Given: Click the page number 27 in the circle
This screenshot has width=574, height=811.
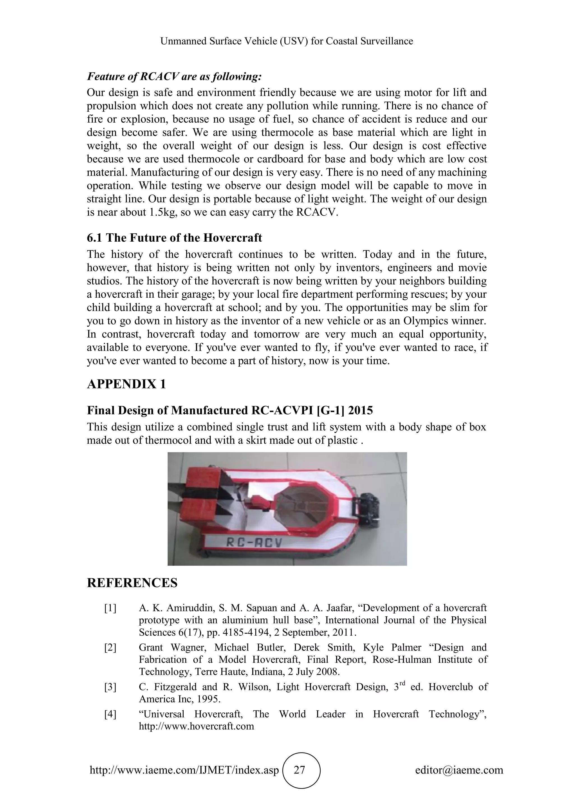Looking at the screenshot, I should click(x=299, y=770).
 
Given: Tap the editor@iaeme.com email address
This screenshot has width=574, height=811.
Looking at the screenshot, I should click(x=459, y=770).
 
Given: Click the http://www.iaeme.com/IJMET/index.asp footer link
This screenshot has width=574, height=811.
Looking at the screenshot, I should click(x=184, y=770).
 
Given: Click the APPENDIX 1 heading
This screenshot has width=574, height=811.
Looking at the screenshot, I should click(x=126, y=384).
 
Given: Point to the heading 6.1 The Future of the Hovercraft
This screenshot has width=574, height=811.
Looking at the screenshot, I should click(x=174, y=238).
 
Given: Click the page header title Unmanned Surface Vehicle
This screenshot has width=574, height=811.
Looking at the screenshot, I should click(x=287, y=41).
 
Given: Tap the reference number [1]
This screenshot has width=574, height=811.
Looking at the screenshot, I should click(x=110, y=608).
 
